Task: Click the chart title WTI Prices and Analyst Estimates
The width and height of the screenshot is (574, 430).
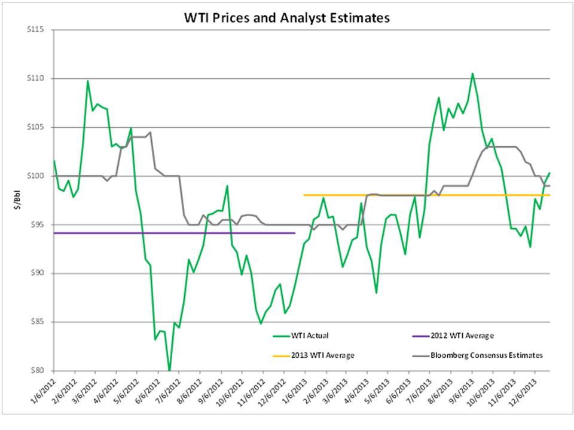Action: pyautogui.click(x=286, y=18)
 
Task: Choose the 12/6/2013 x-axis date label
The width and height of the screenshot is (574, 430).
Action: pyautogui.click(x=524, y=389)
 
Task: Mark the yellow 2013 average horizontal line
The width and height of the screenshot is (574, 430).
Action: pyautogui.click(x=419, y=195)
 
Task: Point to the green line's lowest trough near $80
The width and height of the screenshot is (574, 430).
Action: pyautogui.click(x=169, y=370)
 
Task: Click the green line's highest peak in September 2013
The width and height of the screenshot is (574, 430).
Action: pyautogui.click(x=472, y=73)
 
